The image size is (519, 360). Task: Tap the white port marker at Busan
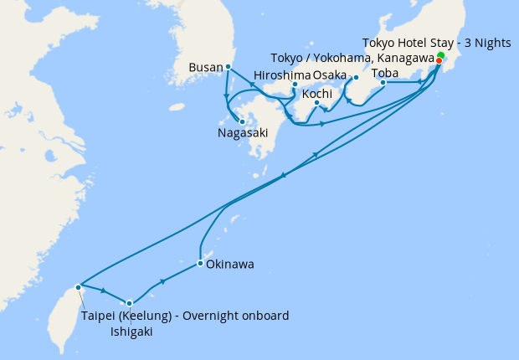point(229,66)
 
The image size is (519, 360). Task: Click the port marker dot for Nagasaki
point(242,121)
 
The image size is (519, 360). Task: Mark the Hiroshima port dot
point(295,85)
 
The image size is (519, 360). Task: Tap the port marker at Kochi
point(316,104)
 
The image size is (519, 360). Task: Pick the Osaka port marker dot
point(356,78)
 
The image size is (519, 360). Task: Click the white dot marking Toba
point(383,82)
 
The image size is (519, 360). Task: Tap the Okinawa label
point(230,265)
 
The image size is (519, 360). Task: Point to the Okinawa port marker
point(200,265)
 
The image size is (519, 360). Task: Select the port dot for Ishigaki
point(129,303)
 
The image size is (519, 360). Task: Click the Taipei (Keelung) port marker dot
point(78,287)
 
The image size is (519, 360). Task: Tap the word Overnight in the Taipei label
point(202,316)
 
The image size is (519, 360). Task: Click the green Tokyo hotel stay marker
point(441,54)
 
